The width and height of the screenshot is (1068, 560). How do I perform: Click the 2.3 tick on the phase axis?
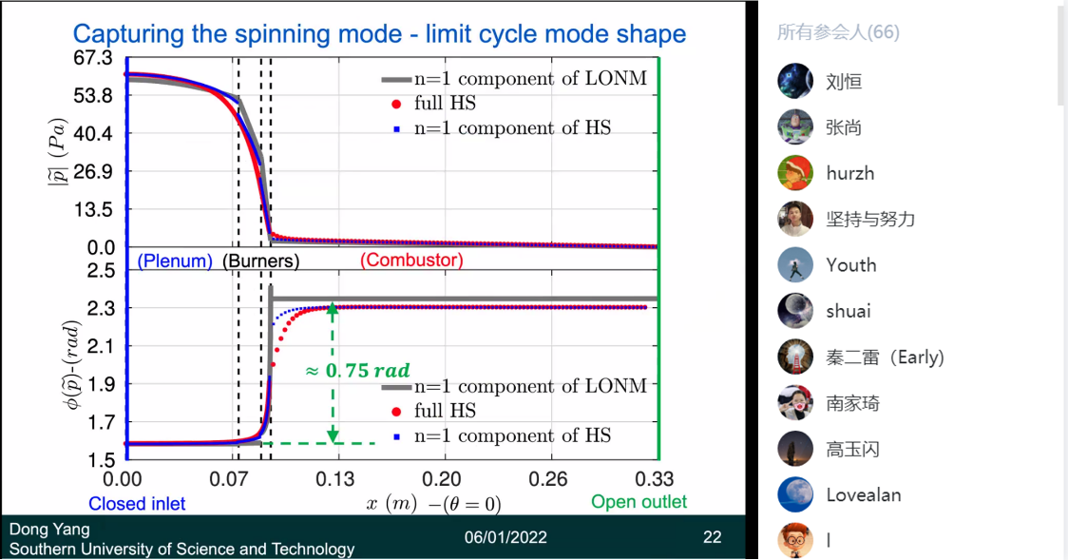pos(99,308)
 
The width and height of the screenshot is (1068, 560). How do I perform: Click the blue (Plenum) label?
pos(175,261)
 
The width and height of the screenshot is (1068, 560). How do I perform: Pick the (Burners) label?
pos(260,261)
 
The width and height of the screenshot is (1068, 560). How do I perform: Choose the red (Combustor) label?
pos(411,261)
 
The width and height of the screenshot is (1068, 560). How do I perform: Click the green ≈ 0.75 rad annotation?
pos(356,371)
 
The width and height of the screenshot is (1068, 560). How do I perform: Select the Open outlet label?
pos(639,501)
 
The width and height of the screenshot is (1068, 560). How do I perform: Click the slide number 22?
pos(712,537)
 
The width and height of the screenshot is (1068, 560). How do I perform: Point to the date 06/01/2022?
pos(505,537)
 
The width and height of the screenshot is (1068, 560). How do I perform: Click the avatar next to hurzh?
pos(795,173)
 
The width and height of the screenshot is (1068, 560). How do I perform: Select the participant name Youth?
pos(850,264)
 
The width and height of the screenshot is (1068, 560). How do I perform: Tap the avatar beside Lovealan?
pos(795,494)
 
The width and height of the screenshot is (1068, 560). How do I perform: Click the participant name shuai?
pos(848,311)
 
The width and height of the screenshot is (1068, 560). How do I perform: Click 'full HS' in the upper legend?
pos(445,103)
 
